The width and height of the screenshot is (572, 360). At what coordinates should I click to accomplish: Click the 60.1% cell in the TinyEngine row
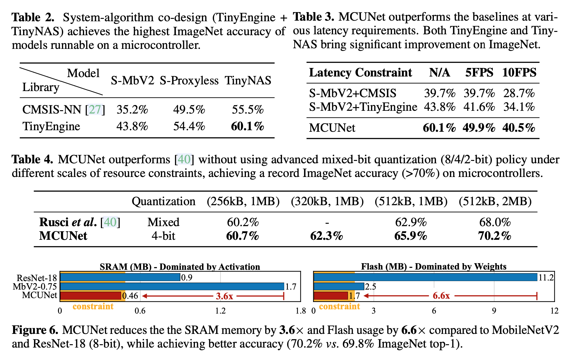tap(247, 126)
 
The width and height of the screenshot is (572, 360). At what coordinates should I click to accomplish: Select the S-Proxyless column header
tap(189, 80)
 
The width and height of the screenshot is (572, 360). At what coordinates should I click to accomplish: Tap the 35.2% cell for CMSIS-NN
tap(132, 110)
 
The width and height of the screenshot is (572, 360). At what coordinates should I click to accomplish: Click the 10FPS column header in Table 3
tap(519, 73)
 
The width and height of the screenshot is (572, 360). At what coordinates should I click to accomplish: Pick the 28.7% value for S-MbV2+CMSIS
tap(519, 93)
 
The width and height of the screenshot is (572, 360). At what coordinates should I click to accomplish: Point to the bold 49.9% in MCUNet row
tap(479, 128)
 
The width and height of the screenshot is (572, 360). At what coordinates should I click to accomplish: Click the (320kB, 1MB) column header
tap(327, 201)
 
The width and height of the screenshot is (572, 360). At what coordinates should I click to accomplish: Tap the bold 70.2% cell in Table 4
tap(495, 236)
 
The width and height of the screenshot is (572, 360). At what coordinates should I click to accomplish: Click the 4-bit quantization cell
tap(163, 236)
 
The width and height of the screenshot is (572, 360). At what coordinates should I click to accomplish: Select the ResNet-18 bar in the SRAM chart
tap(120, 277)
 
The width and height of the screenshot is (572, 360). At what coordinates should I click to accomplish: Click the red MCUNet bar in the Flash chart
tap(331, 295)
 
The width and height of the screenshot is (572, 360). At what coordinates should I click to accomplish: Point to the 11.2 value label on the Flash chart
tap(546, 277)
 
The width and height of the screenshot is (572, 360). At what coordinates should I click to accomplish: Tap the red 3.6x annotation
tap(224, 296)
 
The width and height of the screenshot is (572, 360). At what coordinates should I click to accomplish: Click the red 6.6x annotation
tap(441, 296)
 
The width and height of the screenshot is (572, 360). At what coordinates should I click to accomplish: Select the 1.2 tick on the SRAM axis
tap(220, 311)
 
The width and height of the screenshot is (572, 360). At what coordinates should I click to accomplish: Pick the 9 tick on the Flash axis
tap(494, 311)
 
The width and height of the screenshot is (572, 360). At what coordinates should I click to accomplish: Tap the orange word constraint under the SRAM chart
tap(93, 306)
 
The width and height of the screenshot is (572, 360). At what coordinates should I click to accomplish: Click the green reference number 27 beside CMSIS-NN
tap(95, 110)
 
